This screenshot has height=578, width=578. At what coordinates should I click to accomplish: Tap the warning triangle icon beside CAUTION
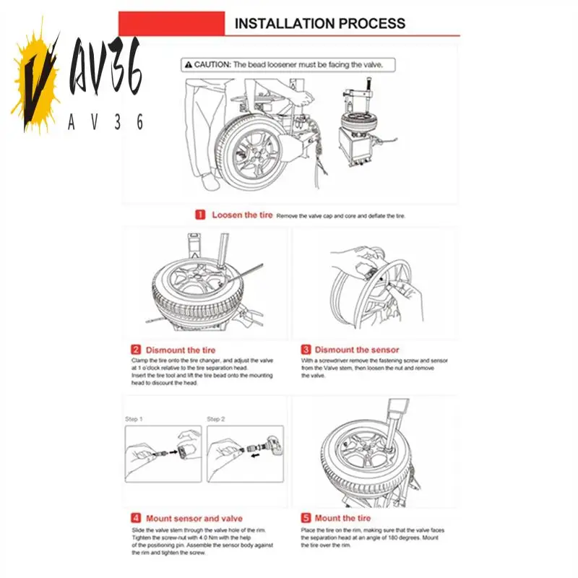[x=186, y=64]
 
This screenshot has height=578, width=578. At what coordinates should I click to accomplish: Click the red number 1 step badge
[x=200, y=215]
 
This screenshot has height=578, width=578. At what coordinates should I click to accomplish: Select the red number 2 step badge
[x=136, y=350]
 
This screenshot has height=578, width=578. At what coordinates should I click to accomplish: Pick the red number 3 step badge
[x=306, y=350]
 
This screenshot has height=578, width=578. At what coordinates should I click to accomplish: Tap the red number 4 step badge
[x=136, y=518]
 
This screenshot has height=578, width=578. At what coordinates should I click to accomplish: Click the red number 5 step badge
[x=306, y=518]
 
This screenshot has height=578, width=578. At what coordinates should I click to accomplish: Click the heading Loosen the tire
[x=242, y=215]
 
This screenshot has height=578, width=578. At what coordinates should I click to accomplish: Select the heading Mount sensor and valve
[x=194, y=518]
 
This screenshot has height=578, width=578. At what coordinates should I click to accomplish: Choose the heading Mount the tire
[x=342, y=518]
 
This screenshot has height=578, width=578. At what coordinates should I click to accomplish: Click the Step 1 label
[x=134, y=419]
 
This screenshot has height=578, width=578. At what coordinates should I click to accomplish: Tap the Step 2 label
[x=215, y=419]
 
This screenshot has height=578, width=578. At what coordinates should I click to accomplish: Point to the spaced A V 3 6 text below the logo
[x=105, y=122]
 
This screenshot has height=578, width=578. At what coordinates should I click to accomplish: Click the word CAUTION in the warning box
[x=211, y=64]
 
